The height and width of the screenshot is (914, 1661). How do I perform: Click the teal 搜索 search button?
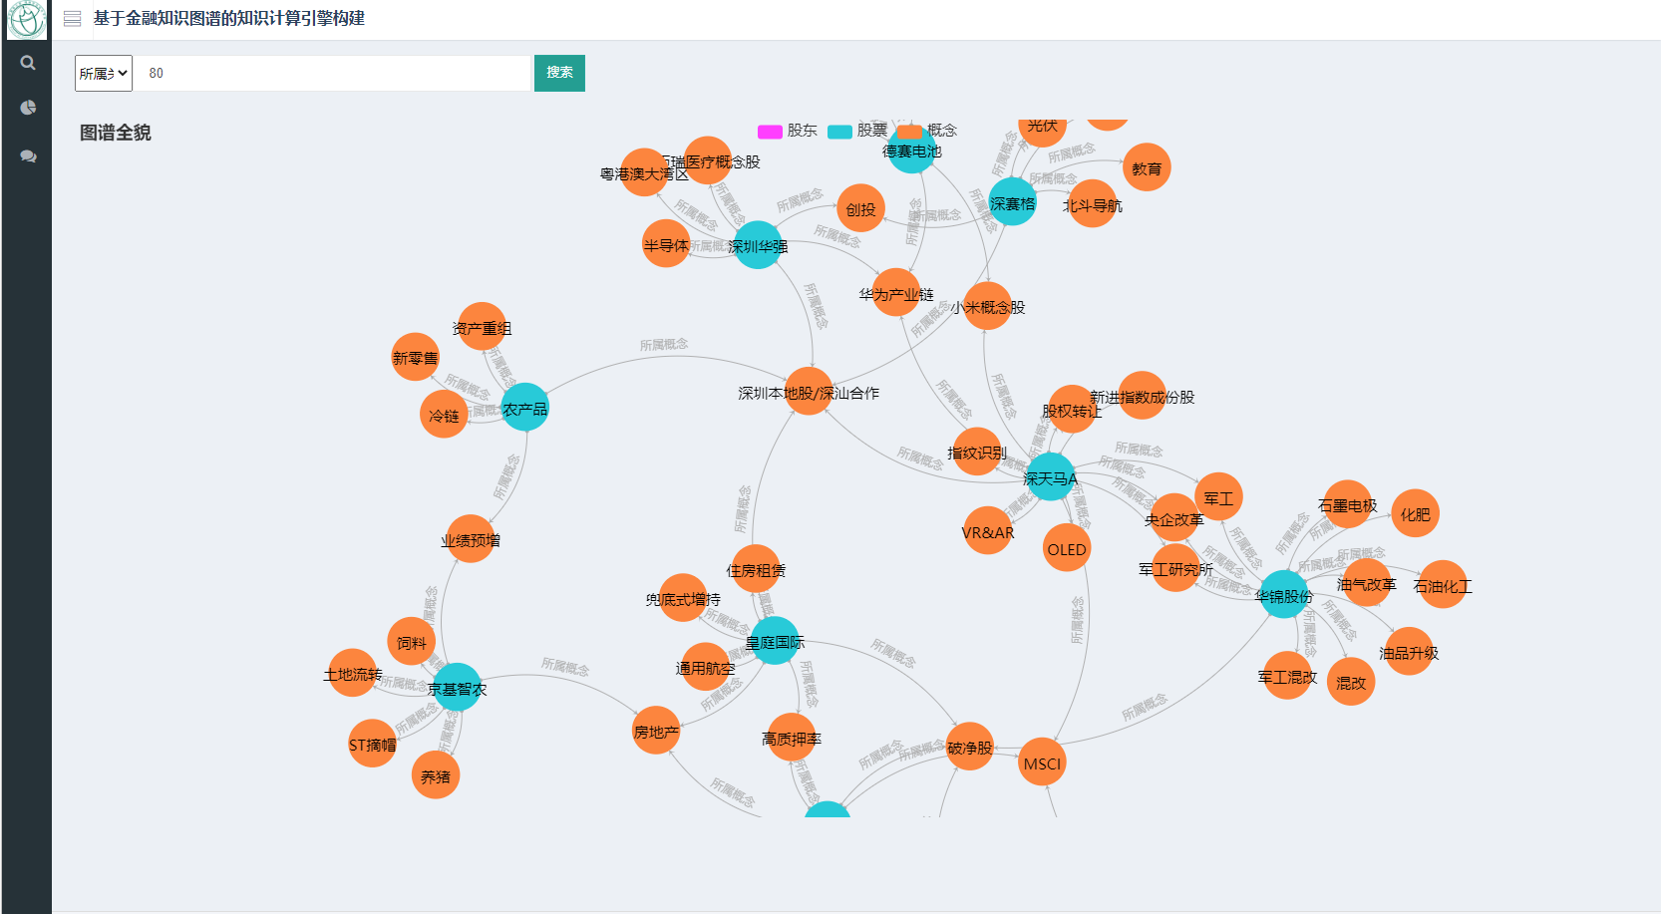pos(559,73)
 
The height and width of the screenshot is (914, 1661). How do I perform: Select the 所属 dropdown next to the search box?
pos(104,73)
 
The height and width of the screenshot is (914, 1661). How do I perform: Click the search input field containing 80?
pos(332,73)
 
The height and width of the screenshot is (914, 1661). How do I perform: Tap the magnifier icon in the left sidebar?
pos(28,63)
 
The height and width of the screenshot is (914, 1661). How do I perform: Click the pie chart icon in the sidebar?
pos(28,108)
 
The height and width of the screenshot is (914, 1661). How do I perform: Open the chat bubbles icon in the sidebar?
pos(28,156)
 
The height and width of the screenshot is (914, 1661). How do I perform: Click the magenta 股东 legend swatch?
pos(770,132)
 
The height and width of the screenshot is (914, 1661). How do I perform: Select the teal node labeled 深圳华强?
pos(758,245)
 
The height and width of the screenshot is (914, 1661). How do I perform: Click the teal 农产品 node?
pos(524,408)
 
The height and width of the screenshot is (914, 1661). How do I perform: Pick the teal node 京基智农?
pos(457,688)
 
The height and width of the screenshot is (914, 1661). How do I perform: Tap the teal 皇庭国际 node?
pos(775,642)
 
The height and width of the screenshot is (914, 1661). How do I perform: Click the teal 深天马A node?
pos(1050,477)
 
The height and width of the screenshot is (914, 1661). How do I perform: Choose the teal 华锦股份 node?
pos(1284,595)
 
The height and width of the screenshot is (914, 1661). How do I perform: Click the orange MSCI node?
pos(1043,762)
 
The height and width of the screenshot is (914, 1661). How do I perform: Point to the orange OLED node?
pos(1067,548)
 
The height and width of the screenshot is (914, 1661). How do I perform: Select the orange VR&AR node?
pos(987,531)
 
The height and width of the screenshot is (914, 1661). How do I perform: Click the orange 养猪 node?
pos(436,775)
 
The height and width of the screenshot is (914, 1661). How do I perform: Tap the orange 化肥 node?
pos(1415,514)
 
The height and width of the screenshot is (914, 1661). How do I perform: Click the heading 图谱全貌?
pos(116,133)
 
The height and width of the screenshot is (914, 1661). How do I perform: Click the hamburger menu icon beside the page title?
pos(73,18)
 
